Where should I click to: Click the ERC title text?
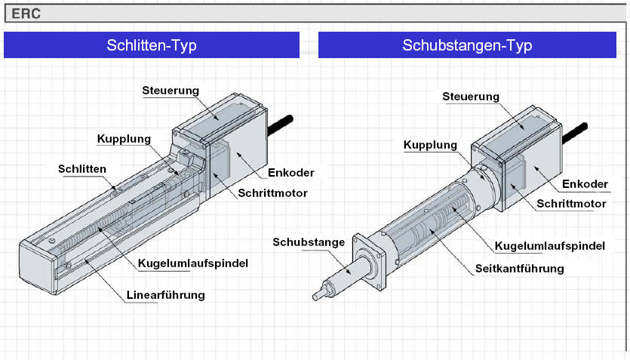point(26,14)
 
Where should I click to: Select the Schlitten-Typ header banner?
point(152,45)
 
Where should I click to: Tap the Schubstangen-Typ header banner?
point(467,45)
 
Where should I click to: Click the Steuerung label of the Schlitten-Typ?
point(171,91)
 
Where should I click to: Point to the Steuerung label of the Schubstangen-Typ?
point(471,97)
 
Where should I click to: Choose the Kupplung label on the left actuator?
point(124,139)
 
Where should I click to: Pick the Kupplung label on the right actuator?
point(430,145)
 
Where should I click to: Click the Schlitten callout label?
point(82,169)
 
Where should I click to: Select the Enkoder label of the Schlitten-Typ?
point(291,173)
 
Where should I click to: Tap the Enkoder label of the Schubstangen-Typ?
point(585,184)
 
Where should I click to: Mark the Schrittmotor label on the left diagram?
point(272,193)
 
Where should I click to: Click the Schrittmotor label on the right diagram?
point(571,204)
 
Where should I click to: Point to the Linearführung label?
point(165,295)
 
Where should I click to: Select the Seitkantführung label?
point(520,269)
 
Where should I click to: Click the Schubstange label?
point(309,242)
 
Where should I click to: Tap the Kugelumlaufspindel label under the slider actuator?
point(193,263)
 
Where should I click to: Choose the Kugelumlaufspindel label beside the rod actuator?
point(549,246)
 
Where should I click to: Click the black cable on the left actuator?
point(281,125)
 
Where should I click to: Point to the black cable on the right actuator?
point(575,133)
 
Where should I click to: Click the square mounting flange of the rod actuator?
point(369,262)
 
